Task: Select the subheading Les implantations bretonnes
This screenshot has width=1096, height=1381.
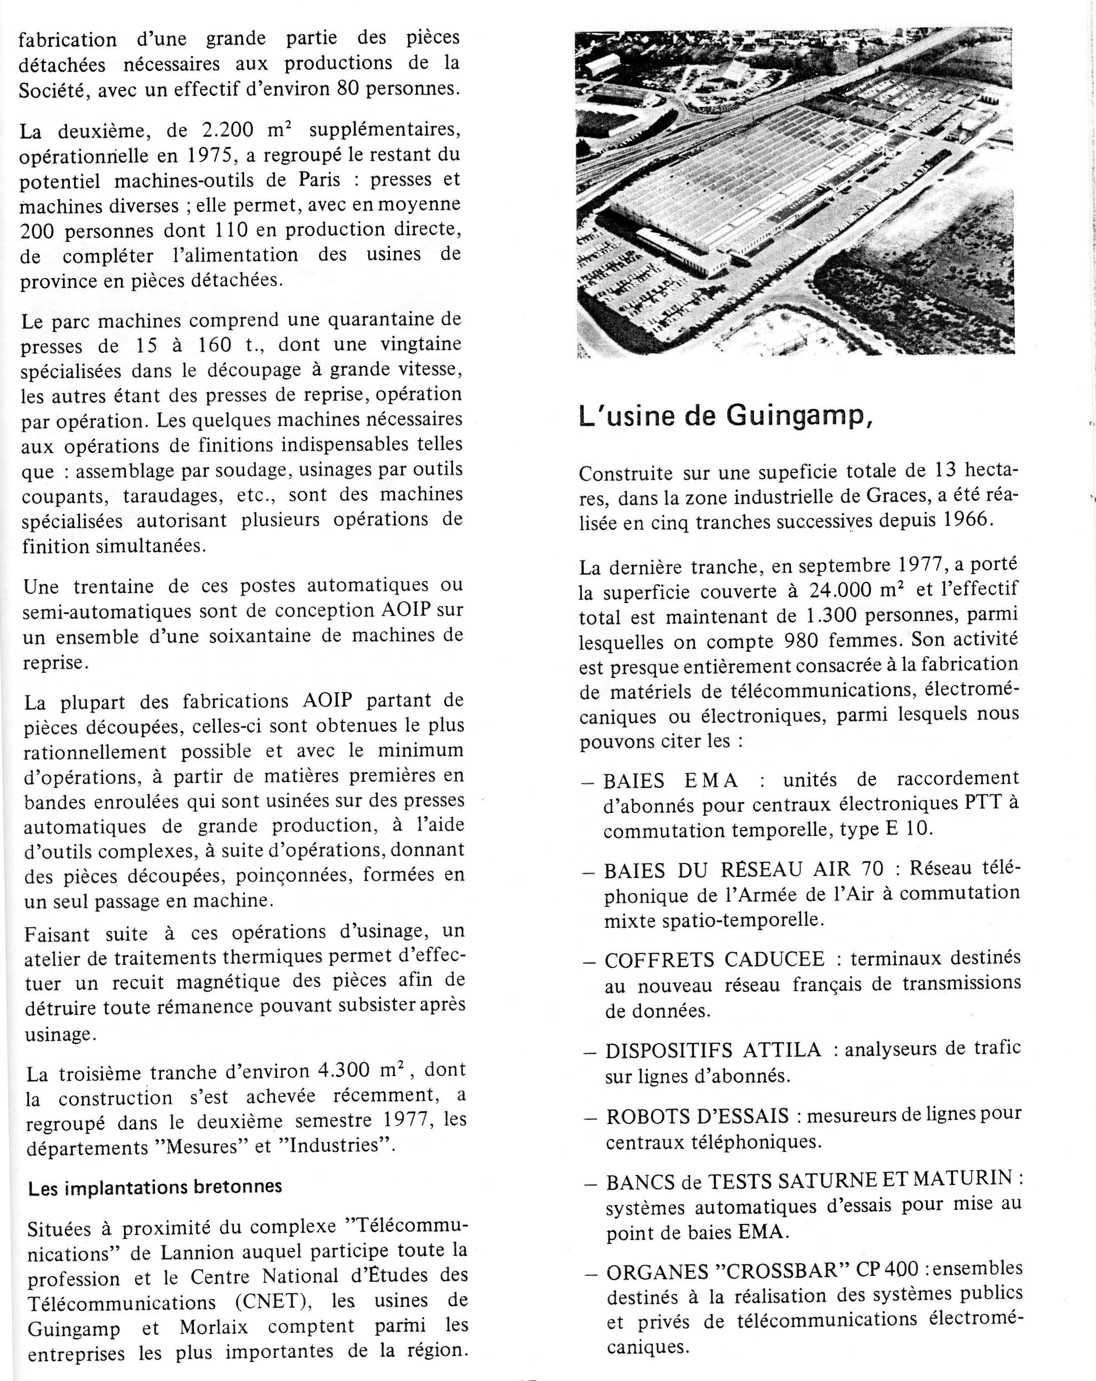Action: click(155, 1186)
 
